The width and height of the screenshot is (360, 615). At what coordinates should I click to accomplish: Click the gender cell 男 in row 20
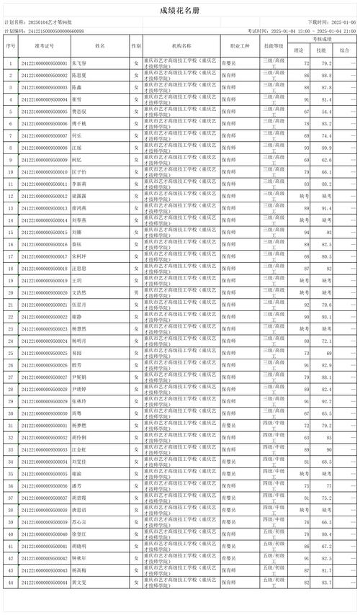point(136,292)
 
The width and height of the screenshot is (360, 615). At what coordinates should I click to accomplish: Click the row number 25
point(10,353)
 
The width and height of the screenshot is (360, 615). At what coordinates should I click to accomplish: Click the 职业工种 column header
point(235,45)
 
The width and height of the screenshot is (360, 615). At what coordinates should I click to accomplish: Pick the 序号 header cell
point(10,45)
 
